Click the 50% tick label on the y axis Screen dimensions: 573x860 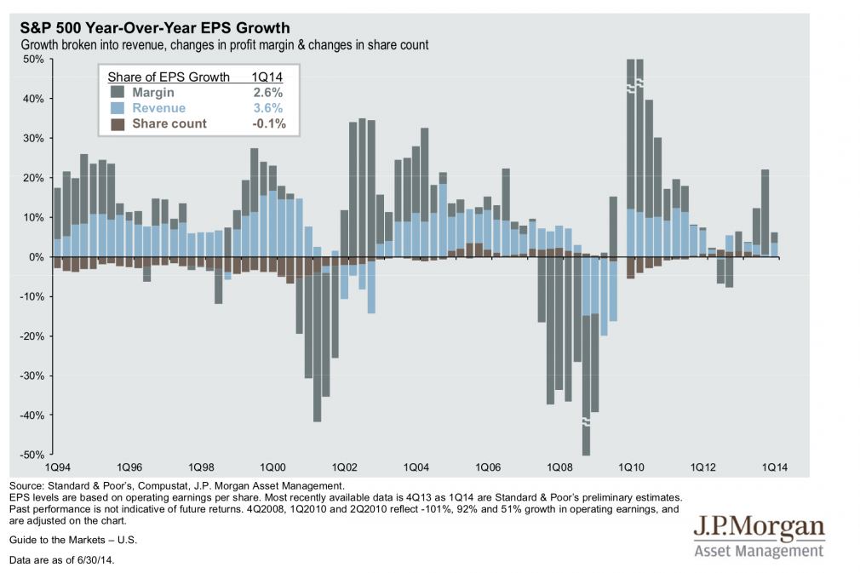tap(33, 59)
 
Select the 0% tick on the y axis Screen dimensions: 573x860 tap(37, 257)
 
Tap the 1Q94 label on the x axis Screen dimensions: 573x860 tap(57, 468)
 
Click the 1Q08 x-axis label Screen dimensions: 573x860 tap(559, 468)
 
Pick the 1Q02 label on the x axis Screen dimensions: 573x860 tap(344, 468)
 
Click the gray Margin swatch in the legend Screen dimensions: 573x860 tap(118, 93)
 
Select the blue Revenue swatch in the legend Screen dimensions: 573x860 tap(118, 108)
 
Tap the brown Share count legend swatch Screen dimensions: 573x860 tap(118, 123)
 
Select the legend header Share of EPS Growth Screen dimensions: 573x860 tap(169, 77)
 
